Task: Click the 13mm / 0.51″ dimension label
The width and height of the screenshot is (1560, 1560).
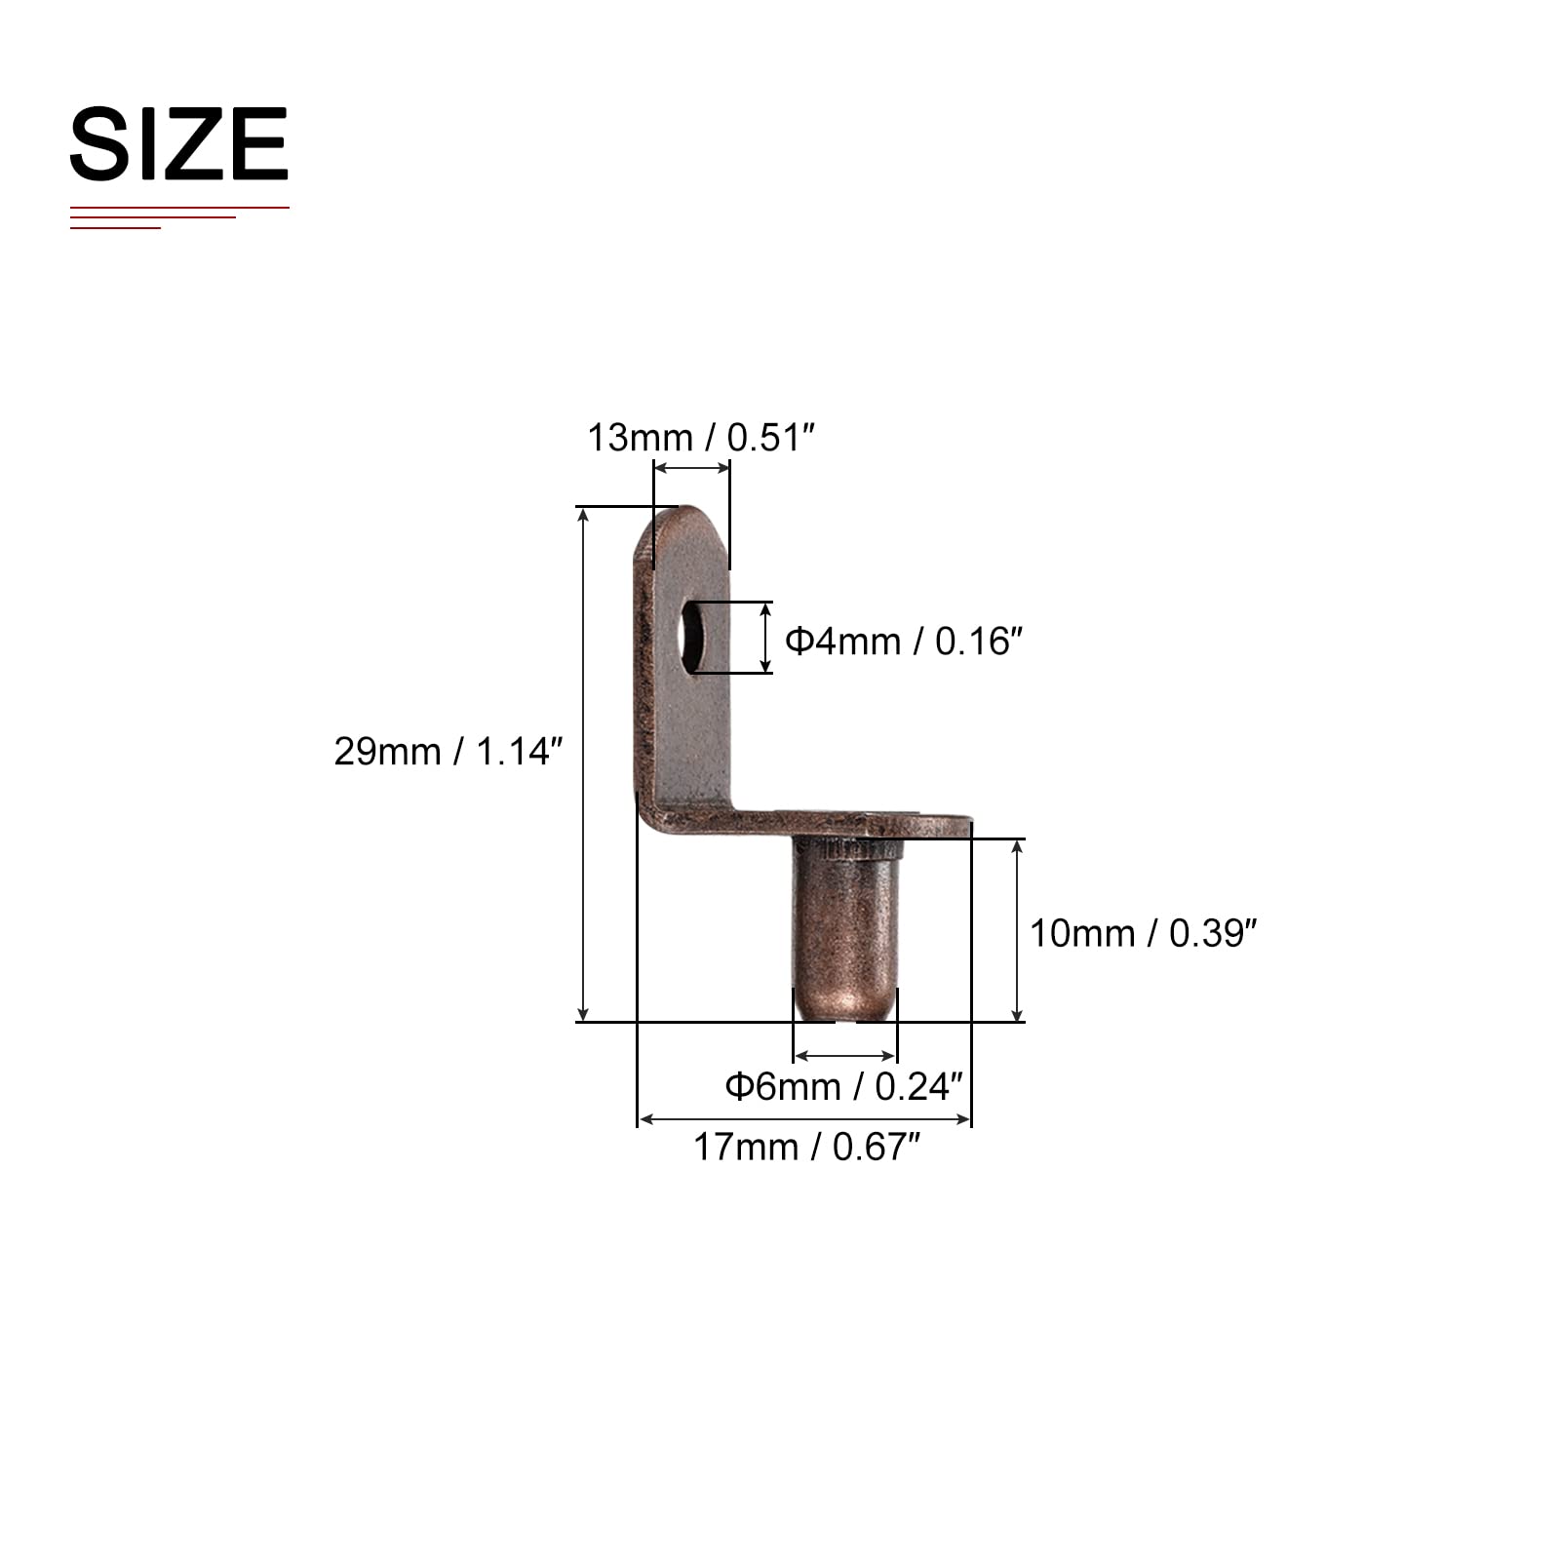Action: coord(700,438)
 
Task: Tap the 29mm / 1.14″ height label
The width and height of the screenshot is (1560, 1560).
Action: coord(448,752)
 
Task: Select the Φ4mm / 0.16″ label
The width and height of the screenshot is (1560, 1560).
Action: coord(904,642)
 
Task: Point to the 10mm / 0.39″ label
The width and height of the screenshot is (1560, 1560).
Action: coord(1144,934)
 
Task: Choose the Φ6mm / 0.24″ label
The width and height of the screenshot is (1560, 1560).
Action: coord(844,1086)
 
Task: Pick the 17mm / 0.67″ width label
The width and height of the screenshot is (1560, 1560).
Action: coord(806,1148)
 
